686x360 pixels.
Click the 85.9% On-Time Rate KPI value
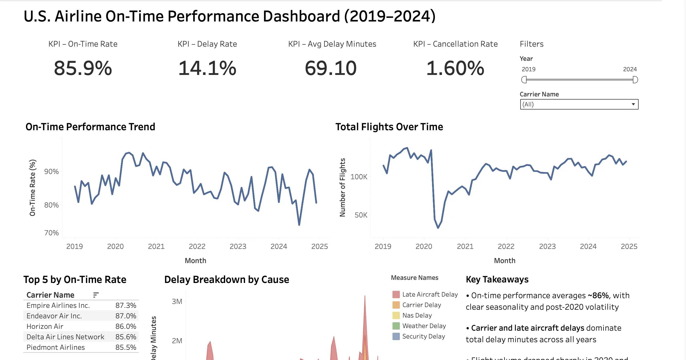[83, 68]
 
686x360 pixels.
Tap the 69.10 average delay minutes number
[330, 68]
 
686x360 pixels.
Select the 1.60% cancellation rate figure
[455, 68]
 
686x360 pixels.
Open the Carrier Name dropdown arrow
[633, 104]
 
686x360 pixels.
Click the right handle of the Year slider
[635, 80]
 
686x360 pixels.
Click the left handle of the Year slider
[524, 80]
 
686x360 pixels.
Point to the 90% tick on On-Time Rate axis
[51, 172]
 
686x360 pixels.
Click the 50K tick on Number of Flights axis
[361, 215]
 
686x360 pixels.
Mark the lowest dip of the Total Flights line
[438, 228]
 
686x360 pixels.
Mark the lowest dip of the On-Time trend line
[299, 225]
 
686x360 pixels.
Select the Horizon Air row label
[45, 326]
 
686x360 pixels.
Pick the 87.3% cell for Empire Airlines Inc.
[125, 306]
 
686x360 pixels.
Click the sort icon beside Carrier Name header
[96, 295]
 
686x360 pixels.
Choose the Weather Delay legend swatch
[396, 326]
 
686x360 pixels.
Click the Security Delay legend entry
[423, 337]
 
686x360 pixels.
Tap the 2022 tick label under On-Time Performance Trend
[197, 247]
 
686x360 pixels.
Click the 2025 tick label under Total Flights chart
[629, 247]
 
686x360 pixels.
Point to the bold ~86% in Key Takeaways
[598, 296]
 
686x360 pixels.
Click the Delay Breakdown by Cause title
[226, 280]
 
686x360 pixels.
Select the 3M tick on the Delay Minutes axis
[177, 301]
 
